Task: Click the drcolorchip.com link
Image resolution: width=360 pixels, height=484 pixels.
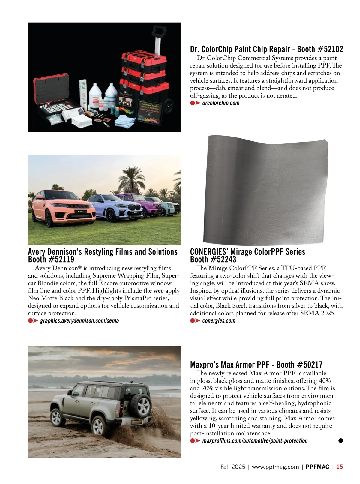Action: click(x=221, y=103)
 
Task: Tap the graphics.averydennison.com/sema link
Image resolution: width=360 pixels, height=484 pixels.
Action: click(x=79, y=321)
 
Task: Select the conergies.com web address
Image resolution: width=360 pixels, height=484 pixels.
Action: click(x=219, y=321)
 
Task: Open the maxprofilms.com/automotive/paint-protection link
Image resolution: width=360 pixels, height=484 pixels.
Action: click(x=255, y=441)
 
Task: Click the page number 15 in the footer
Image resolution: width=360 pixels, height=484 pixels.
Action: click(x=340, y=467)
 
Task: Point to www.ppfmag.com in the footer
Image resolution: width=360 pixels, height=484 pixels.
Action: click(x=275, y=467)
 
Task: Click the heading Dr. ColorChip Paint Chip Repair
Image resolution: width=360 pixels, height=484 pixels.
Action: click(x=240, y=49)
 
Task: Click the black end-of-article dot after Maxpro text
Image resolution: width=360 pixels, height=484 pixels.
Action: click(x=340, y=440)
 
